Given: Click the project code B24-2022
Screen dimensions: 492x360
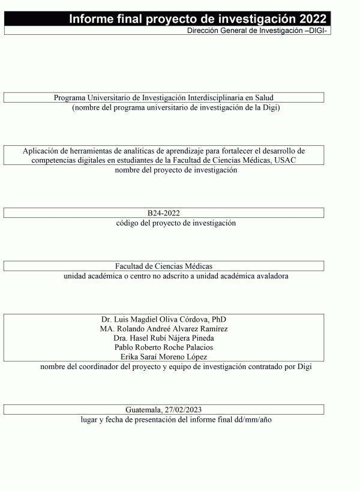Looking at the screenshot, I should click(164, 213).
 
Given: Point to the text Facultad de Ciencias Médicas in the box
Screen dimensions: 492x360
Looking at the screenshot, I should click(164, 266).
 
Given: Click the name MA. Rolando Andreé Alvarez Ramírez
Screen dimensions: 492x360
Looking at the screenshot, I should click(164, 328).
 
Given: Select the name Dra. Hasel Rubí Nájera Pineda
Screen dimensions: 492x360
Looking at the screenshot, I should click(164, 338).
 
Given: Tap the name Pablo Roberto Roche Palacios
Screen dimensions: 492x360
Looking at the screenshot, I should click(164, 347).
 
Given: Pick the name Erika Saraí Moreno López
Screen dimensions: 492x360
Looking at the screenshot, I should click(164, 357).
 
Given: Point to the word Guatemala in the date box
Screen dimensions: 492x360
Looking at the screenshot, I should click(143, 409).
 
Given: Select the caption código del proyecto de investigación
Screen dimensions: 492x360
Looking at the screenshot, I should click(176, 223).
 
